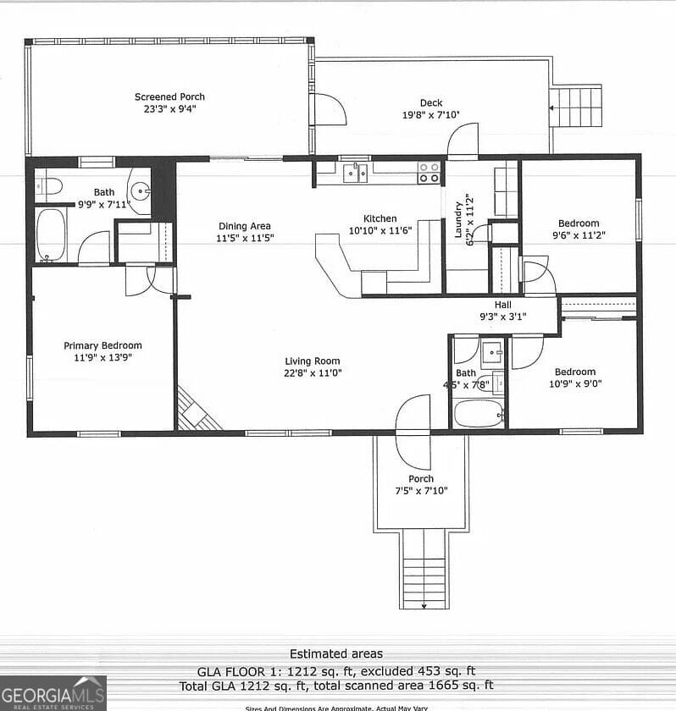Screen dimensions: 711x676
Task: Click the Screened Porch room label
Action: point(169,96)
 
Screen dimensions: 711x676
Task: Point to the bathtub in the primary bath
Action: point(51,234)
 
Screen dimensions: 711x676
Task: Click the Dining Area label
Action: point(245,226)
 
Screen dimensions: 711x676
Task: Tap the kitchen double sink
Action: point(355,173)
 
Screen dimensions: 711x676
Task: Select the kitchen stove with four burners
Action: point(429,173)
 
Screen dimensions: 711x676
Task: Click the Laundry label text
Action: point(459,218)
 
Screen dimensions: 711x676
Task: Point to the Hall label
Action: point(503,306)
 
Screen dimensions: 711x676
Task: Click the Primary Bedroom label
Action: point(103,345)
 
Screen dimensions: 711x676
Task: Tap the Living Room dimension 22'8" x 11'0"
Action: point(313,372)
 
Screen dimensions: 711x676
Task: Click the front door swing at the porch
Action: point(413,432)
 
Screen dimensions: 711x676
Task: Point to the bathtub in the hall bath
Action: point(478,414)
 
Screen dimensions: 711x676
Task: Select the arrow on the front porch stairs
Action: point(423,603)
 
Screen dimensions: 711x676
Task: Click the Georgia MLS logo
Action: point(53,692)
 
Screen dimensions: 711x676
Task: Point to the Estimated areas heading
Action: point(335,653)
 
